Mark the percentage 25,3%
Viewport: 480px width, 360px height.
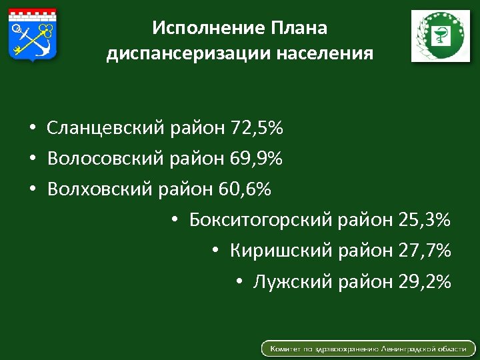pos(424,220)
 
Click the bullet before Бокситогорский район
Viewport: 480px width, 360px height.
pos(174,221)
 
